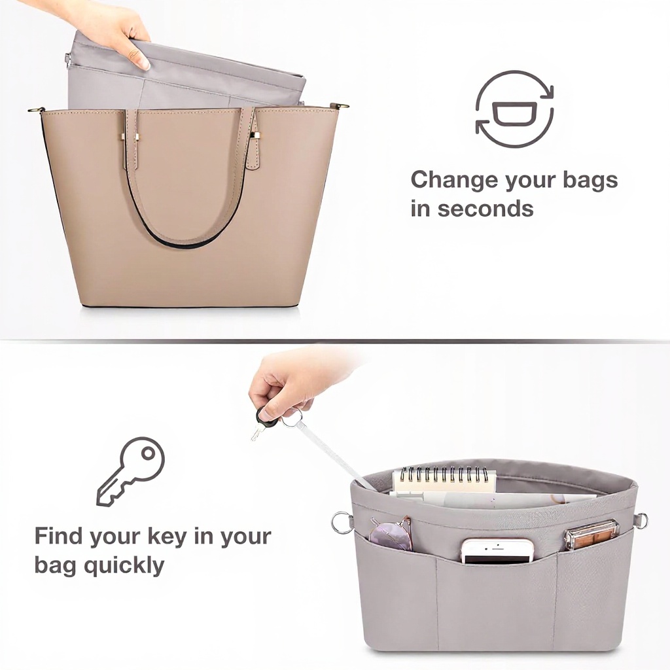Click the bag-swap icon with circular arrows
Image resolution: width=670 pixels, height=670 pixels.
(x=514, y=109)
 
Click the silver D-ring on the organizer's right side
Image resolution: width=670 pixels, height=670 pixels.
(x=640, y=520)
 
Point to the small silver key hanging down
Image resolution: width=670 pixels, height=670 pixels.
(x=256, y=432)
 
